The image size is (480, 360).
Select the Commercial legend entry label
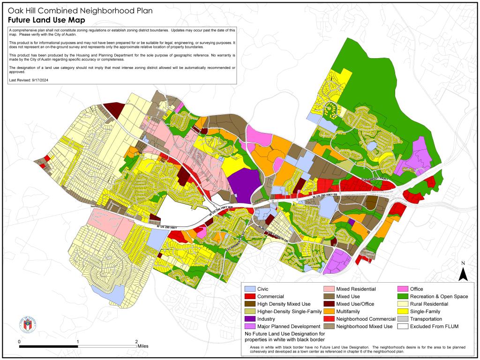pyautogui.click(x=270, y=297)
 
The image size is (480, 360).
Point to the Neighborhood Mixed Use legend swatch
pyautogui.click(x=330, y=326)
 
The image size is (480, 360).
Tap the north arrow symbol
pyautogui.click(x=463, y=272)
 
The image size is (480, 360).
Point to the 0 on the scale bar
pyautogui.click(x=19, y=341)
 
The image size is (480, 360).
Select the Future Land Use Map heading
pyautogui.click(x=46, y=20)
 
